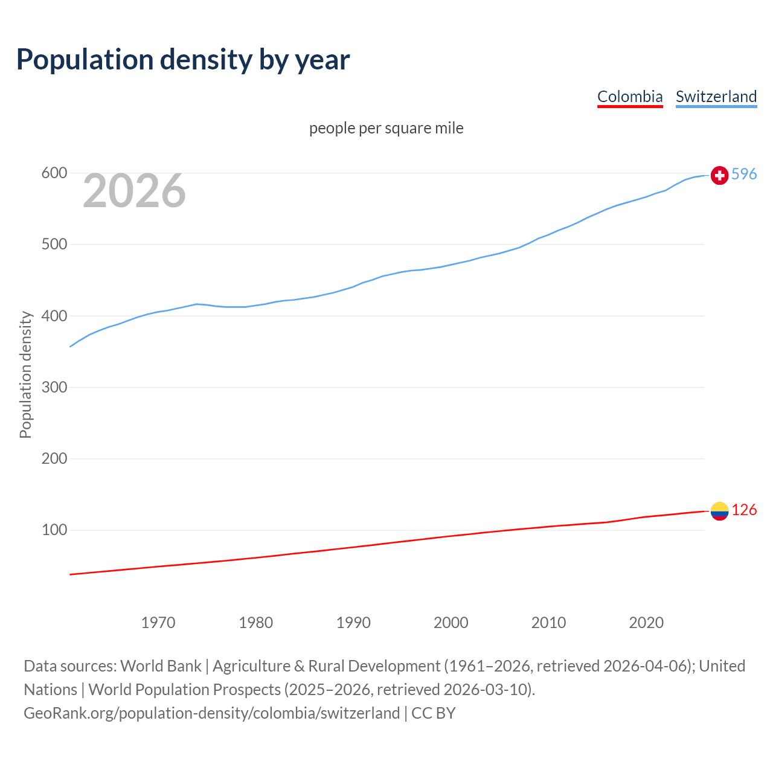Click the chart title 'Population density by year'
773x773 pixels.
183,60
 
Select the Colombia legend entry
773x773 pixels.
630,97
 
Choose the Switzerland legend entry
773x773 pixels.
716,97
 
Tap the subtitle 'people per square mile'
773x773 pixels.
386,128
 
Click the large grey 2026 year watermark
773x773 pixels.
134,191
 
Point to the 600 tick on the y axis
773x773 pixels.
54,173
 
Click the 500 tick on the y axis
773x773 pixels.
54,245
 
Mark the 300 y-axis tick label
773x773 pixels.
54,387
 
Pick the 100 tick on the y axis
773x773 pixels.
54,530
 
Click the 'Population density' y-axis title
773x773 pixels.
25,374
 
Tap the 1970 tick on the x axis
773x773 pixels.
158,623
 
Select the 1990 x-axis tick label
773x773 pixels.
353,623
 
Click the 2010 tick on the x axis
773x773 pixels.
548,623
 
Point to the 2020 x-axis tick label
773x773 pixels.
646,623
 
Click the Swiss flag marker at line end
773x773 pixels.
719,175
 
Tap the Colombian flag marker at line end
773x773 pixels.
719,511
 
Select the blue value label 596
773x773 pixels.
744,174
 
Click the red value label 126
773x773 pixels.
744,510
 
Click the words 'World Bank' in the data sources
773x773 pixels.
161,666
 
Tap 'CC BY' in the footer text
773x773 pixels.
433,713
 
